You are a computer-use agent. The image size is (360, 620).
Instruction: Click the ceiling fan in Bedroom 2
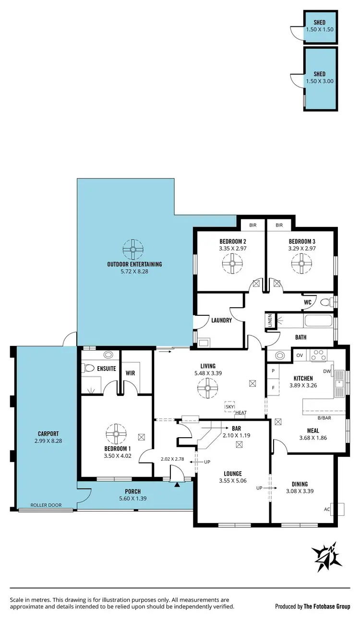coord(233,263)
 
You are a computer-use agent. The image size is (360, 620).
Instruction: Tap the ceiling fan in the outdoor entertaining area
coord(133,249)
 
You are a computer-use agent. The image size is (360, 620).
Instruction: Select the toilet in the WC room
coord(326,302)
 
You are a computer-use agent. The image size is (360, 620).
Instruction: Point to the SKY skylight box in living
coord(230,407)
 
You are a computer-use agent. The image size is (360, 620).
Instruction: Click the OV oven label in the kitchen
coord(300,356)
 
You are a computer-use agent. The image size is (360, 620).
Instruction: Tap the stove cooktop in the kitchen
coord(318,356)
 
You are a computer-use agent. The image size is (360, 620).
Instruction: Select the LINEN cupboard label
coord(270,322)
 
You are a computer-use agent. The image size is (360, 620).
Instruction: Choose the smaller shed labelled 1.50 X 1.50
coord(320,26)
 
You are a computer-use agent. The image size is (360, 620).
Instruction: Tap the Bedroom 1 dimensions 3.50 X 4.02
coord(118,456)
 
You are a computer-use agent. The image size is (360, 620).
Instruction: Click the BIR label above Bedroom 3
coord(279,225)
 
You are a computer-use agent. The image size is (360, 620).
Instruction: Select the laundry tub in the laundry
coord(203,342)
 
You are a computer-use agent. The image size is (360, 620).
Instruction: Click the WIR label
coord(130,372)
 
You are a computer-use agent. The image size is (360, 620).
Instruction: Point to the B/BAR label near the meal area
coord(311,418)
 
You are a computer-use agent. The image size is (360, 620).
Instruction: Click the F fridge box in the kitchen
coord(273,387)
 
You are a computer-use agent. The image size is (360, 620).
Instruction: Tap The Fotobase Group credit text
coord(326,607)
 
